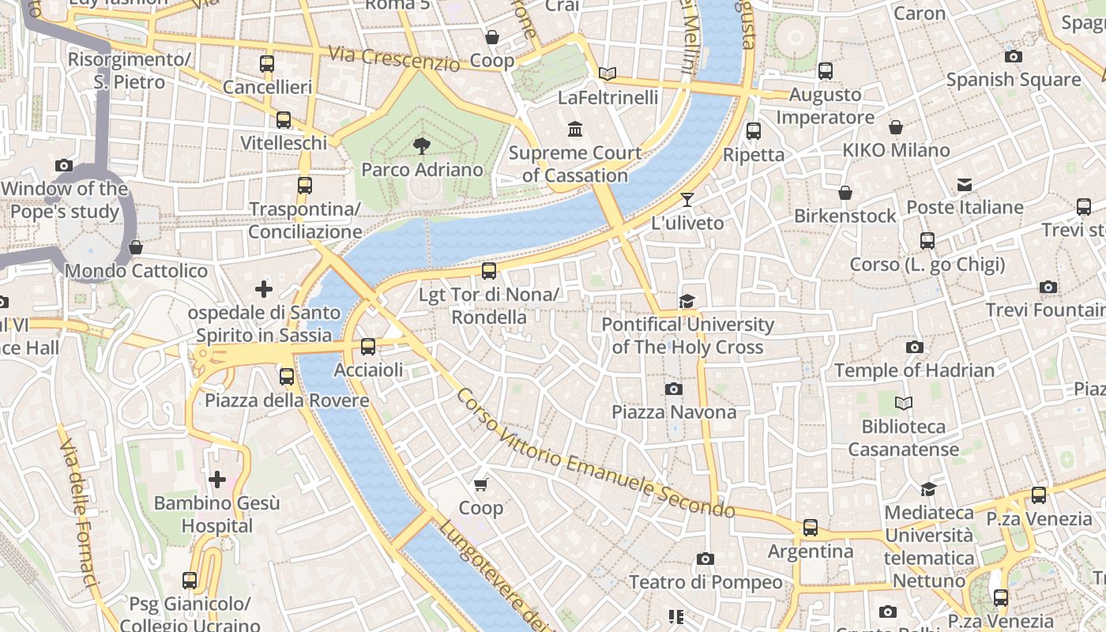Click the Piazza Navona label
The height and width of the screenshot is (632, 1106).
(x=674, y=412)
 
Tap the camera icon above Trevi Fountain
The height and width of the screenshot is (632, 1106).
(x=1048, y=288)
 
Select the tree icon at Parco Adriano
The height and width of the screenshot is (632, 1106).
(x=422, y=145)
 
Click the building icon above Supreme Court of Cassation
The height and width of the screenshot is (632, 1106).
(x=575, y=129)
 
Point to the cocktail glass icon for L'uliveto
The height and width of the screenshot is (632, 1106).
(x=687, y=199)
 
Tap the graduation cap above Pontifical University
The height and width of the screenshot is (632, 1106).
(x=687, y=301)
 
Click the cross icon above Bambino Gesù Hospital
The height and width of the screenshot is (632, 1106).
(x=216, y=479)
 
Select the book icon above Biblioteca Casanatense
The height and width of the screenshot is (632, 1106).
(x=903, y=403)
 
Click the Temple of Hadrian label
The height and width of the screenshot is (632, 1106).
(x=914, y=370)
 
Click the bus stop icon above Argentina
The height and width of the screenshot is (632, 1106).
(x=811, y=527)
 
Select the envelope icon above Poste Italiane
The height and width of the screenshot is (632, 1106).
(x=965, y=185)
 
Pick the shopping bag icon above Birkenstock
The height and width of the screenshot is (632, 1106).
(x=845, y=193)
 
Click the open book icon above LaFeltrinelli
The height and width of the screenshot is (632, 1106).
(x=607, y=73)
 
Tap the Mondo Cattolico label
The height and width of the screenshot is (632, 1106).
(x=136, y=271)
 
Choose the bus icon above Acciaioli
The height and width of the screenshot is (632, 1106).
(x=367, y=346)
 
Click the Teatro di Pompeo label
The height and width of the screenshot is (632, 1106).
(x=705, y=582)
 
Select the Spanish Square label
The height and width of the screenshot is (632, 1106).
(x=1013, y=80)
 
